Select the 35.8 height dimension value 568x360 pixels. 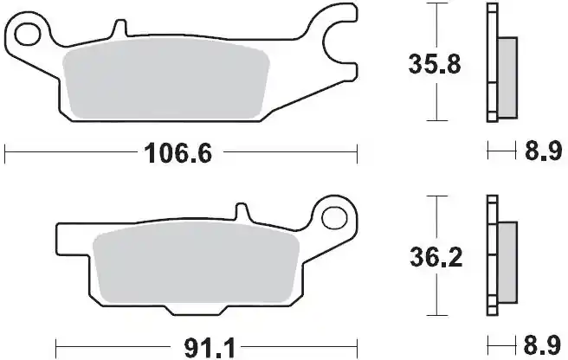(438, 62)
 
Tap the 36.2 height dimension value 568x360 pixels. (438, 256)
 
